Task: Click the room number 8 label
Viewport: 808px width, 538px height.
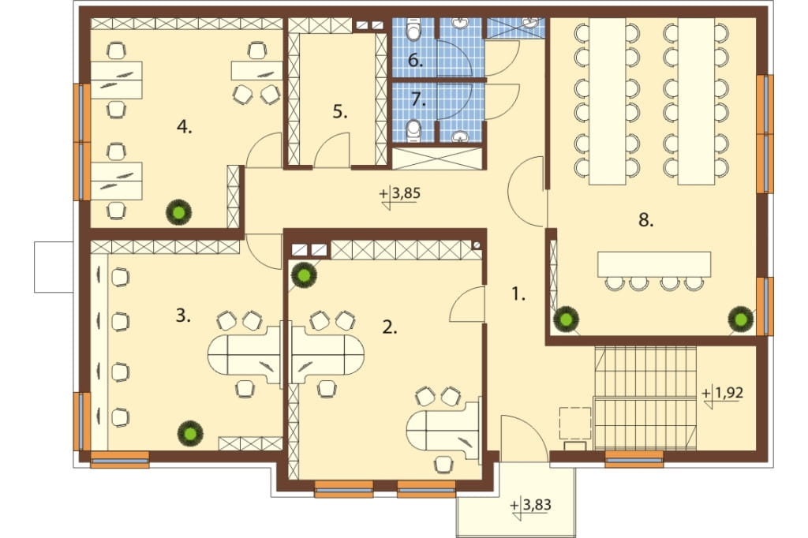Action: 645,220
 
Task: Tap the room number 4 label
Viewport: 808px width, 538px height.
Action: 184,126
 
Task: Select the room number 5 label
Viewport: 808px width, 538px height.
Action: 339,111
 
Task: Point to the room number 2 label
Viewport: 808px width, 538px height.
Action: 390,327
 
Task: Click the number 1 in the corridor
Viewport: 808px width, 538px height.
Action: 518,293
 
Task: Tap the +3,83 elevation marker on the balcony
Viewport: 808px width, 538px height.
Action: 531,507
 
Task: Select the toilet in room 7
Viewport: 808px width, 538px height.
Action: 413,131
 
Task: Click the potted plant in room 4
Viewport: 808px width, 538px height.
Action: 179,211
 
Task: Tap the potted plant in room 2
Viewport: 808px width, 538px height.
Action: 304,275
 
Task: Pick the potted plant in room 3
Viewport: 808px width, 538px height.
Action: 190,434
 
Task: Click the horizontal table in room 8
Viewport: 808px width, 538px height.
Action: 654,264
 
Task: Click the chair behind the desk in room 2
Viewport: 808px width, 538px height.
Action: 443,465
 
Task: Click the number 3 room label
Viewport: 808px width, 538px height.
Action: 183,315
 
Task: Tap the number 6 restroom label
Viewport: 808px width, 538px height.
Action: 415,60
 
